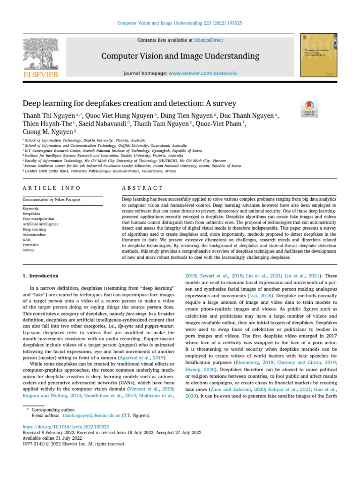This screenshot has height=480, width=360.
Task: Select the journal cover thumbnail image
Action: (x=319, y=55)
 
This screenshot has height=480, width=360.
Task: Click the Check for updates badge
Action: (x=309, y=109)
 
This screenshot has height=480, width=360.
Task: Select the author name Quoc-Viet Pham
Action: (x=218, y=124)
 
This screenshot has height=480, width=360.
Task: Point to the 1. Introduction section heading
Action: (x=41, y=276)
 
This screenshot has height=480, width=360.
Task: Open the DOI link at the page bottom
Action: (x=66, y=427)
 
